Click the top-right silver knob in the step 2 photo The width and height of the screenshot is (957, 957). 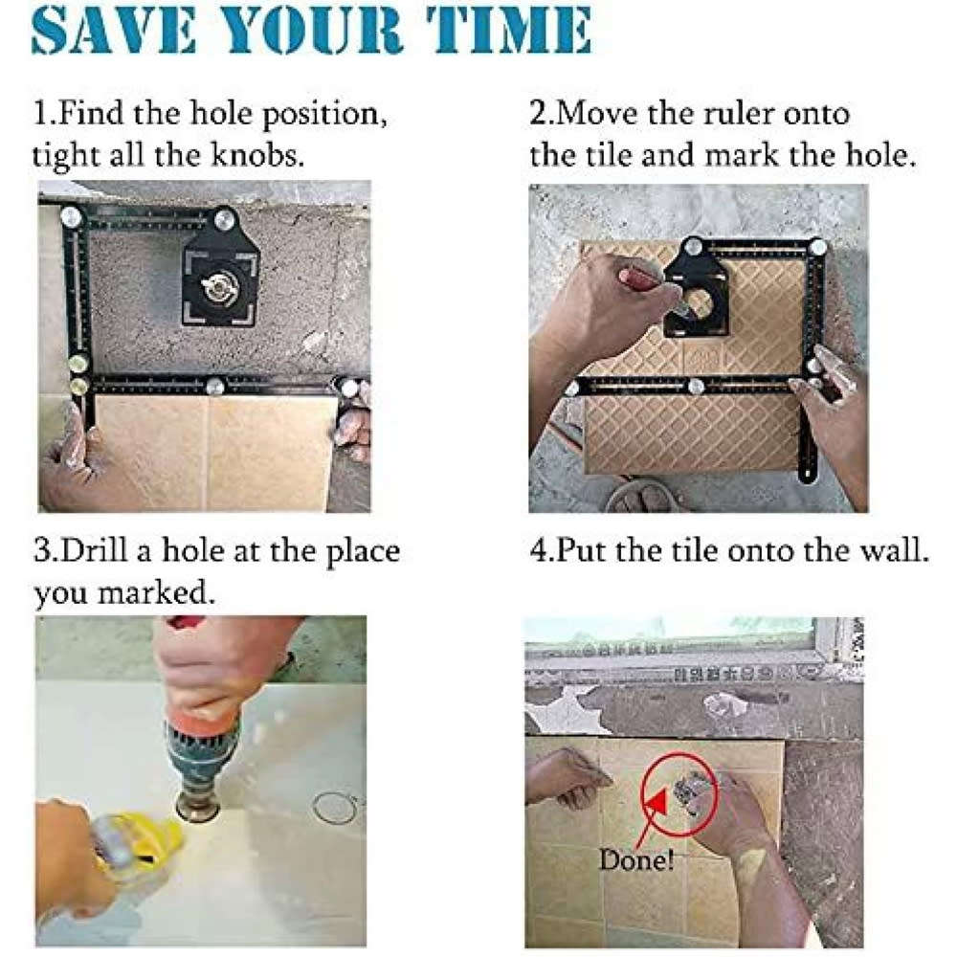coord(818,246)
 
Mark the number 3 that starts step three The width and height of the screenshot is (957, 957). coord(42,553)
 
